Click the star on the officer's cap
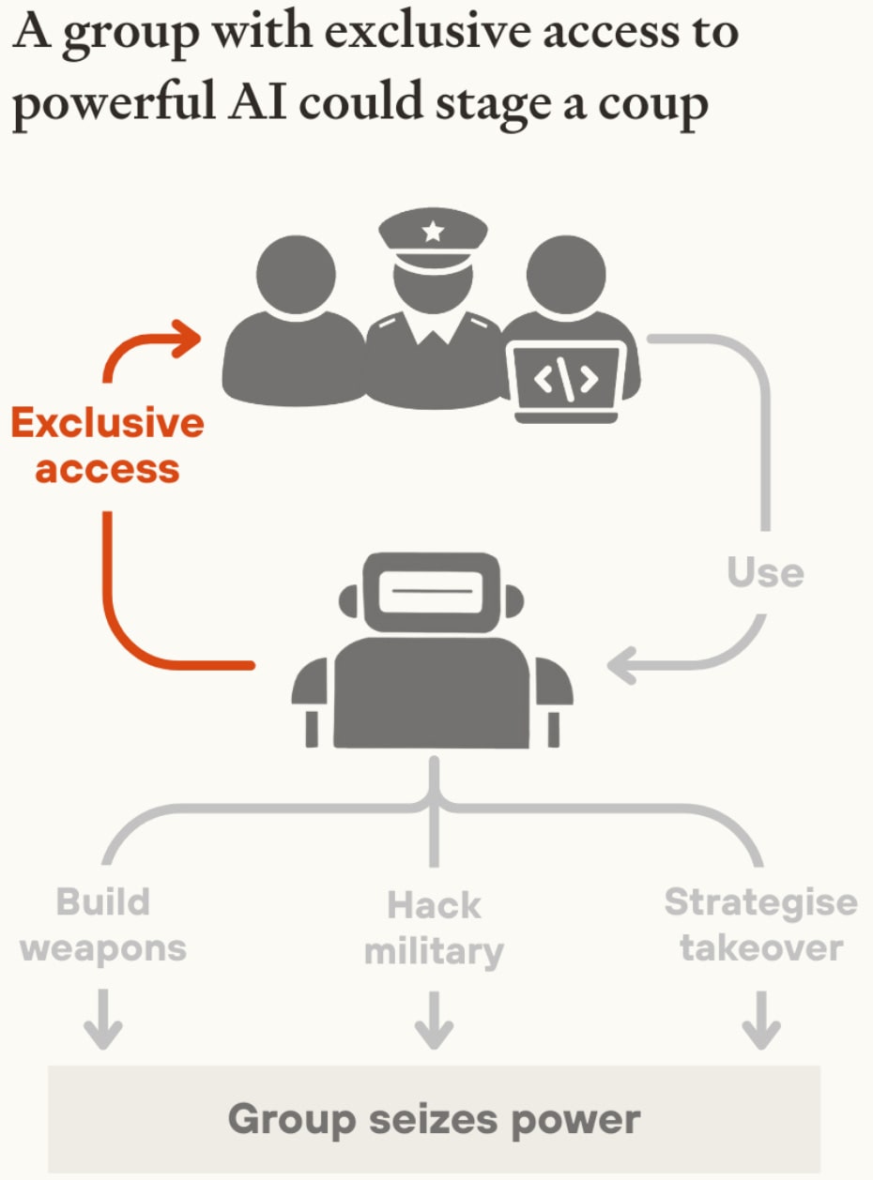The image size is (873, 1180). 433,231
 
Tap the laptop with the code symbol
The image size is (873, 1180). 565,379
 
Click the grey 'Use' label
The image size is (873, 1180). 766,571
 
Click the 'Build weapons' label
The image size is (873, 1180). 103,925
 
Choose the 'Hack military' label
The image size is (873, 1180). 434,929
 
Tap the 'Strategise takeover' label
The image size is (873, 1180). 760,925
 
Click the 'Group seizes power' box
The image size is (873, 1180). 434,1119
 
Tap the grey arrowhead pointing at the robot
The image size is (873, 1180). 623,667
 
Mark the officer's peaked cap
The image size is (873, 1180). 433,234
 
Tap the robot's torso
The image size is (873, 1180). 432,694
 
